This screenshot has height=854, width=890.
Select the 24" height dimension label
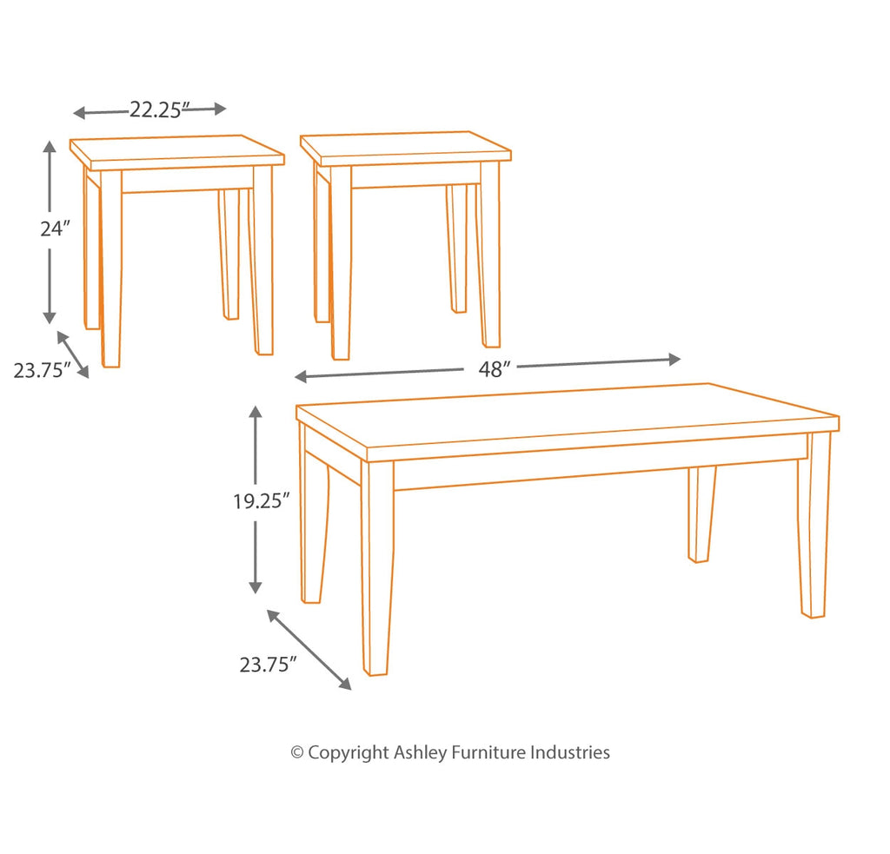pyautogui.click(x=55, y=228)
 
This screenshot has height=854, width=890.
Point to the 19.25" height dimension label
pyautogui.click(x=262, y=501)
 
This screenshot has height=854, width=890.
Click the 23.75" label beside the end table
pyautogui.click(x=42, y=371)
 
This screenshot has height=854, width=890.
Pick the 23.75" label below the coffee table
pyautogui.click(x=268, y=665)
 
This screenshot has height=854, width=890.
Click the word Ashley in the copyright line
pyautogui.click(x=420, y=753)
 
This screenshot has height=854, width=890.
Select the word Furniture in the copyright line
pyautogui.click(x=488, y=752)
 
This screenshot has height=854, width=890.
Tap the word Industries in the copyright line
pyautogui.click(x=570, y=752)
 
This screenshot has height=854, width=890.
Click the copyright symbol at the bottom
pyautogui.click(x=297, y=753)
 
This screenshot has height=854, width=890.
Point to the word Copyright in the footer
pyautogui.click(x=348, y=753)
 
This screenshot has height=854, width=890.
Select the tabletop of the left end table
pyautogui.click(x=176, y=151)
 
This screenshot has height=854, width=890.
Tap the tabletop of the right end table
pyautogui.click(x=405, y=148)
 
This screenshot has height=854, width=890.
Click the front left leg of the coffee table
pyautogui.click(x=377, y=567)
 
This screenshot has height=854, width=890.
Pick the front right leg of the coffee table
pyautogui.click(x=814, y=525)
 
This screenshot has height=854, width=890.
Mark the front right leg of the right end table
pyautogui.click(x=490, y=255)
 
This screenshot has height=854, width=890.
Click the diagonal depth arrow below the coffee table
pyautogui.click(x=309, y=650)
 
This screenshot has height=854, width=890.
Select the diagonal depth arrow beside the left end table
pyautogui.click(x=73, y=354)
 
